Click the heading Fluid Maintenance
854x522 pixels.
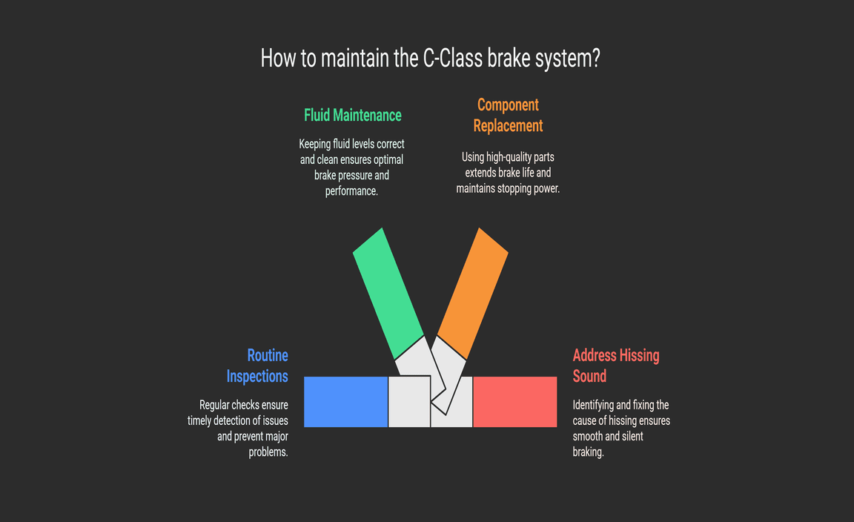point(352,115)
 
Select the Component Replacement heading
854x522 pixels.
point(508,115)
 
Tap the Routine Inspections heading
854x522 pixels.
point(257,366)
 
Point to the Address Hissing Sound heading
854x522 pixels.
point(615,366)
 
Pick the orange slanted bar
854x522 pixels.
point(472,292)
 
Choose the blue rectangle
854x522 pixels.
point(345,401)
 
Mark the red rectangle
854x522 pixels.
point(514,401)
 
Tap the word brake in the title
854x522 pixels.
point(510,59)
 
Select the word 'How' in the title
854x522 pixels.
point(278,59)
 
